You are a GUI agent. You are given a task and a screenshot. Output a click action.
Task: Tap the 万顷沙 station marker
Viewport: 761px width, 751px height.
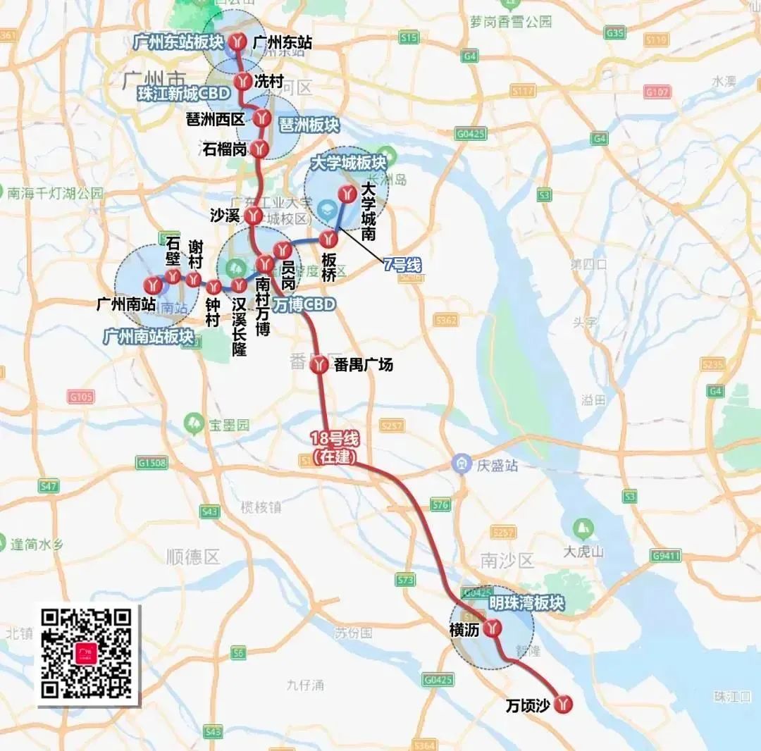(x=563, y=703)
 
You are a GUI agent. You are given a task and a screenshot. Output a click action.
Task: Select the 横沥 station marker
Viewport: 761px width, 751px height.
(x=494, y=628)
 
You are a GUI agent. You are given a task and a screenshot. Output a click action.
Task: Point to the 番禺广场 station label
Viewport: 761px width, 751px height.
(x=364, y=365)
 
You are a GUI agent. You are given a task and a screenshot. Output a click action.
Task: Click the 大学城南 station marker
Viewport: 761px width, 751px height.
(x=347, y=194)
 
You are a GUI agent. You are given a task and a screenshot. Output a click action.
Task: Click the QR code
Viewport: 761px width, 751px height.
(x=87, y=654)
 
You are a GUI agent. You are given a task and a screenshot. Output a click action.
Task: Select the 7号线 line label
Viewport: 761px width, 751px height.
(x=402, y=265)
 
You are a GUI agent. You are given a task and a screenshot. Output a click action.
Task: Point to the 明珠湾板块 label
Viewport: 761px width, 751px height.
(x=527, y=603)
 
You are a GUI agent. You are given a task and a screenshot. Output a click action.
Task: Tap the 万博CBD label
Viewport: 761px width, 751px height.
(x=305, y=304)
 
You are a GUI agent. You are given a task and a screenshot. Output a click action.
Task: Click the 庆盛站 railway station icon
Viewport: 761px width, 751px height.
(x=462, y=465)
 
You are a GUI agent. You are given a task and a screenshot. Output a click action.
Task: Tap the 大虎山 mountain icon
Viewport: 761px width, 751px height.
(x=583, y=528)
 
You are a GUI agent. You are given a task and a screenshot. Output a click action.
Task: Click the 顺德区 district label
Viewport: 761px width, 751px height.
(x=194, y=557)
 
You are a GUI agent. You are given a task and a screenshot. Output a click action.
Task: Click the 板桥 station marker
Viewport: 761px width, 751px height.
(x=328, y=237)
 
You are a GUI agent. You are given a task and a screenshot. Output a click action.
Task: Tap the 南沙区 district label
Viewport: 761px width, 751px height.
(x=507, y=561)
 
